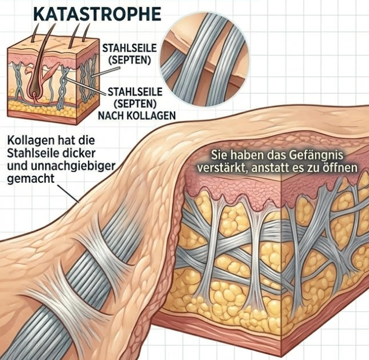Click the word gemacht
tap(28, 181)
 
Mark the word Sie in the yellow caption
tap(216, 155)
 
